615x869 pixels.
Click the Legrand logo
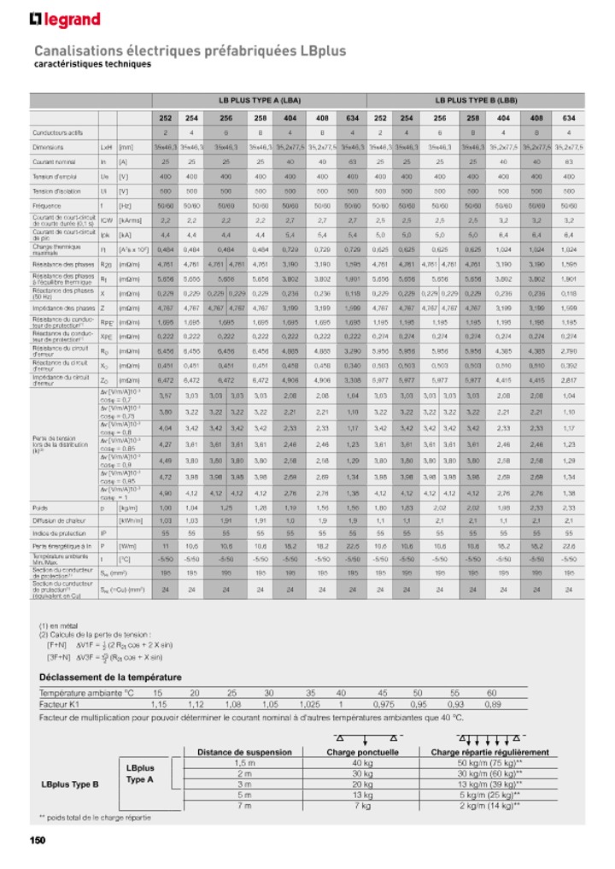(65, 20)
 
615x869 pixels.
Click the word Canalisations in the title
(81, 50)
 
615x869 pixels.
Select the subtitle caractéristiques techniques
(92, 64)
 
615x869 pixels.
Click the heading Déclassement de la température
(110, 677)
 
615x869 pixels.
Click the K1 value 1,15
(158, 705)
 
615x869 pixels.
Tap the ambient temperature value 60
(491, 692)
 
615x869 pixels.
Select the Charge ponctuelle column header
(362, 752)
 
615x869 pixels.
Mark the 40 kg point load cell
(362, 763)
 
